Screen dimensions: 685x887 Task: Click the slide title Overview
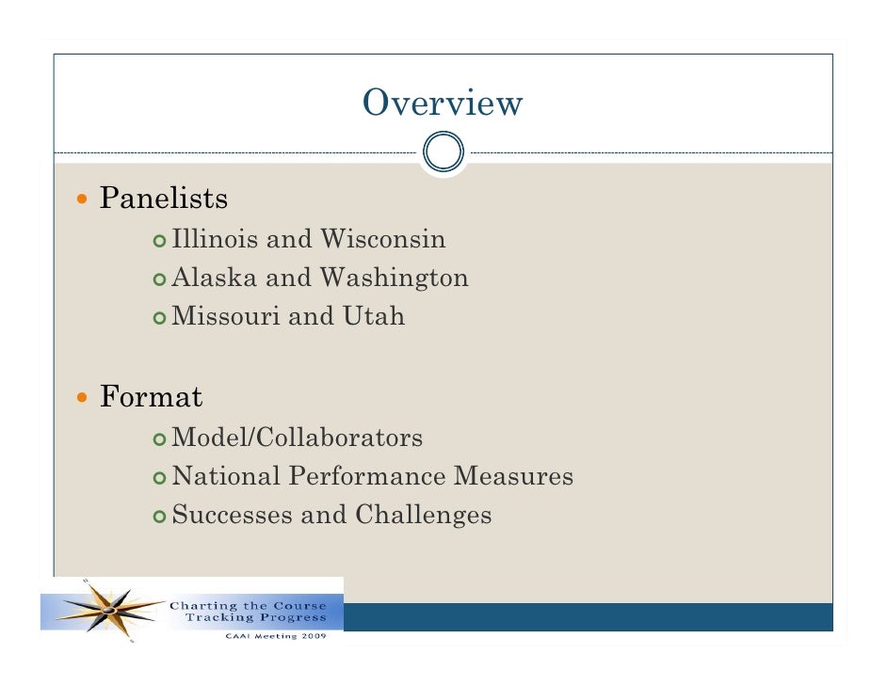(442, 103)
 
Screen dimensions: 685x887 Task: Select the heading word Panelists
(164, 199)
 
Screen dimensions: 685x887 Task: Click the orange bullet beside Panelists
(85, 200)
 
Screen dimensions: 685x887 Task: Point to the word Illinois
(216, 240)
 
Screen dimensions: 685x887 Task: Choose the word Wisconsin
(382, 240)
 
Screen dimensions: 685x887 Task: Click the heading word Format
(151, 397)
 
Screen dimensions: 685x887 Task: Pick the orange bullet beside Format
(85, 398)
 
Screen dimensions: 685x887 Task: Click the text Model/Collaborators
(298, 438)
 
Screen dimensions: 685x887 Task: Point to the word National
(227, 477)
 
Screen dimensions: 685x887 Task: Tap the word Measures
(513, 477)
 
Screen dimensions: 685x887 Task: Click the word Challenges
(423, 516)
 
